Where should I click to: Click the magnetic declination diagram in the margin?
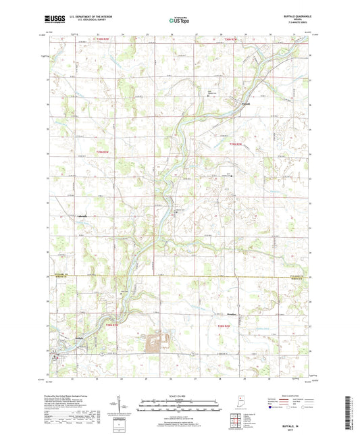[x=126, y=406]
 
